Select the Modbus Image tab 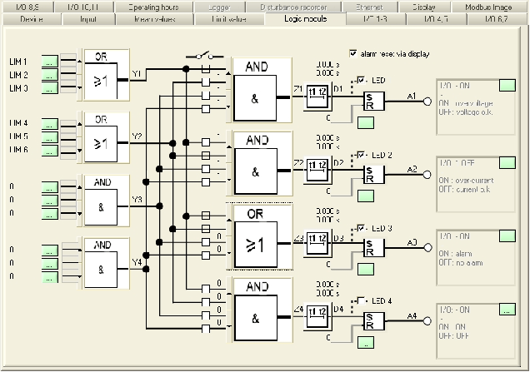pos(493,6)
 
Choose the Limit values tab pos(229,17)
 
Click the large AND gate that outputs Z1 pos(261,94)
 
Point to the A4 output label pos(412,316)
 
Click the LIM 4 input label pos(18,123)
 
